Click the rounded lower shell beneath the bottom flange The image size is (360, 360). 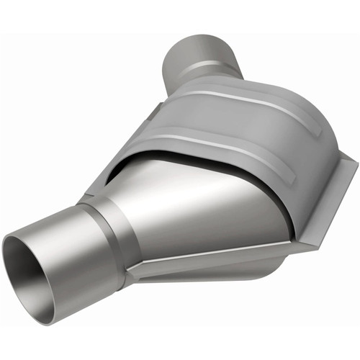(x=216, y=277)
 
